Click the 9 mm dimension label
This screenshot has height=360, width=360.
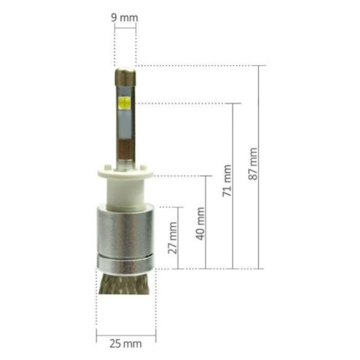[124, 18]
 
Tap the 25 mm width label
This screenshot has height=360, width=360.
[126, 344]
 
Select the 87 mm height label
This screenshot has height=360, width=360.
[253, 164]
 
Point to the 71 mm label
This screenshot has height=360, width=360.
[227, 181]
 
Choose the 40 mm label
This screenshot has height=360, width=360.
[201, 224]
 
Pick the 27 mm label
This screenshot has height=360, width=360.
[173, 238]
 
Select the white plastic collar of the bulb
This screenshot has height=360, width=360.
[126, 188]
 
